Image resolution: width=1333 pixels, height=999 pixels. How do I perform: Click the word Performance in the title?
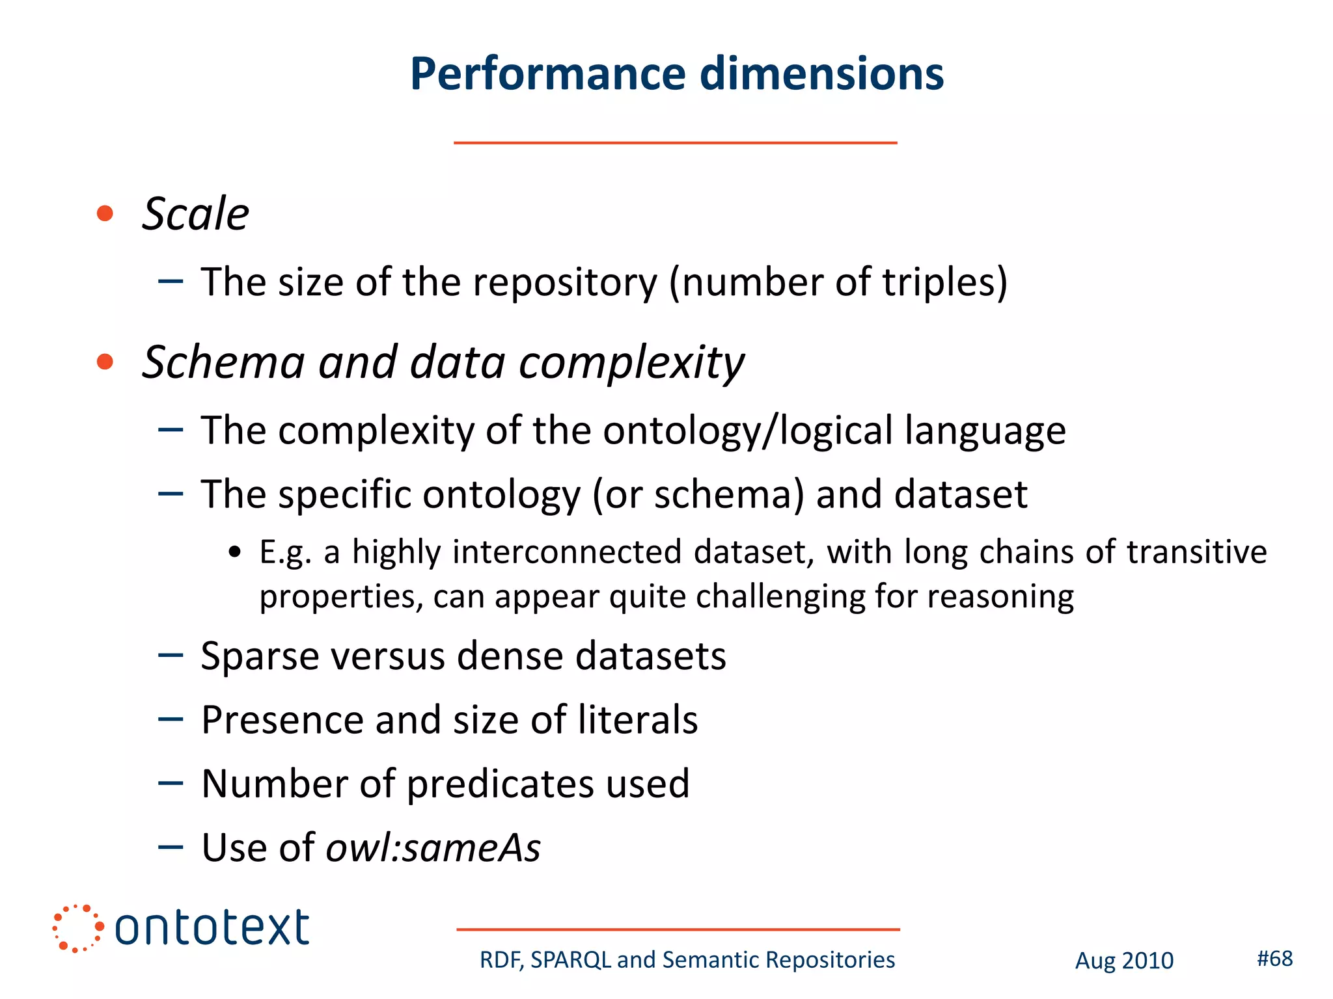(x=547, y=73)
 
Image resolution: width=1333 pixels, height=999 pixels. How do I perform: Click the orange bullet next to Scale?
(x=105, y=213)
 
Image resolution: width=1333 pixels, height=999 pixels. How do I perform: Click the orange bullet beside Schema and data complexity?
(x=105, y=362)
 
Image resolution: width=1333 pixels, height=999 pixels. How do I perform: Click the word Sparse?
(x=260, y=656)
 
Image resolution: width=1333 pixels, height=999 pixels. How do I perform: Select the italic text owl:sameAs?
(x=433, y=847)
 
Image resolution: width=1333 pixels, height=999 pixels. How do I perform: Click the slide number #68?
(x=1274, y=958)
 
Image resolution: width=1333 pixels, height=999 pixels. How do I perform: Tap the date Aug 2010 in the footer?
(x=1124, y=961)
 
